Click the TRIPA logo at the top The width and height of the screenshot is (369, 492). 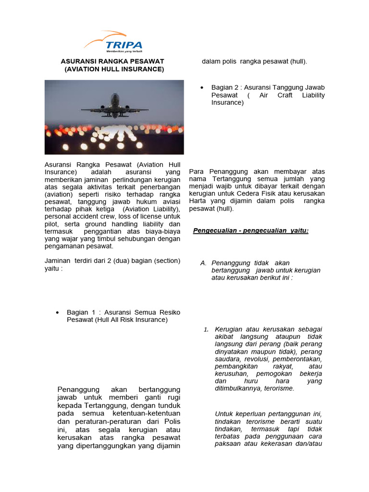click(x=113, y=42)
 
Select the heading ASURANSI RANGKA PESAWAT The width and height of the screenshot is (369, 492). click(x=112, y=61)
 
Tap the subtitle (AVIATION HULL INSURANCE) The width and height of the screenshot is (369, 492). click(x=114, y=69)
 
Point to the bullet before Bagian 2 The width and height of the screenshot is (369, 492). click(x=202, y=88)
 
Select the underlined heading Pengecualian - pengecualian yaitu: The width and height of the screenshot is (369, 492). click(x=250, y=231)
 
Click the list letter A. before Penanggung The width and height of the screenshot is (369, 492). click(x=203, y=263)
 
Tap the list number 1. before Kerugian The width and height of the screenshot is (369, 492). click(x=206, y=329)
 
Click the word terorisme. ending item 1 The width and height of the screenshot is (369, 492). click(x=279, y=388)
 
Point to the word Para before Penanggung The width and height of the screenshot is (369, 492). click(x=197, y=172)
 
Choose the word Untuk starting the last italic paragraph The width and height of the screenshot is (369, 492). click(x=224, y=414)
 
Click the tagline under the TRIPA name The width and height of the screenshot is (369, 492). click(x=124, y=50)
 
